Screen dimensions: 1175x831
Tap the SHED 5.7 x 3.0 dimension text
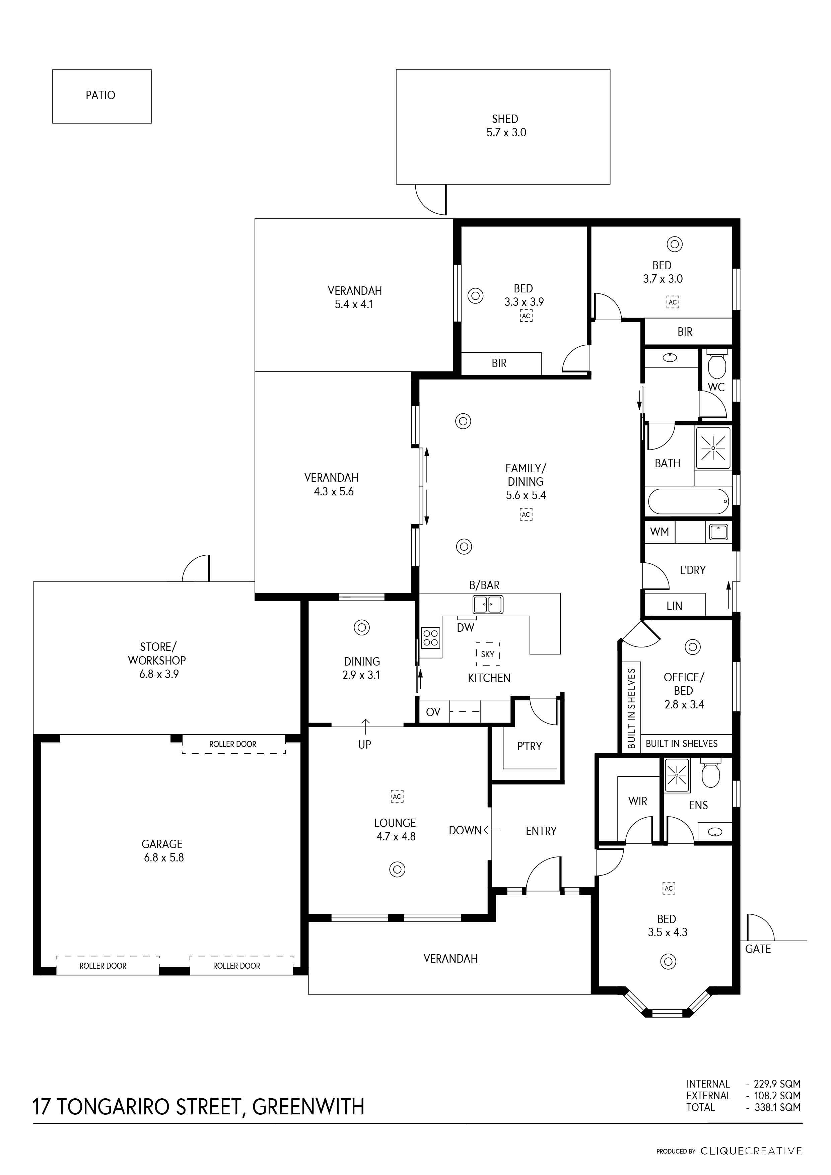(506, 133)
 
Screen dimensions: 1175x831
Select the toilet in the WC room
(716, 364)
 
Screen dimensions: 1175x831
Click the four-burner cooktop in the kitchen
(430, 638)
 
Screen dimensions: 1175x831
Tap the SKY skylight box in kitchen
(488, 654)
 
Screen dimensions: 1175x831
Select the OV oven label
(433, 712)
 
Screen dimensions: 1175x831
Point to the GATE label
(758, 949)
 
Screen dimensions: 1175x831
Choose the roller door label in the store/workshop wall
(233, 744)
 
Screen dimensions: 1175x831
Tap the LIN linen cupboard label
(674, 606)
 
